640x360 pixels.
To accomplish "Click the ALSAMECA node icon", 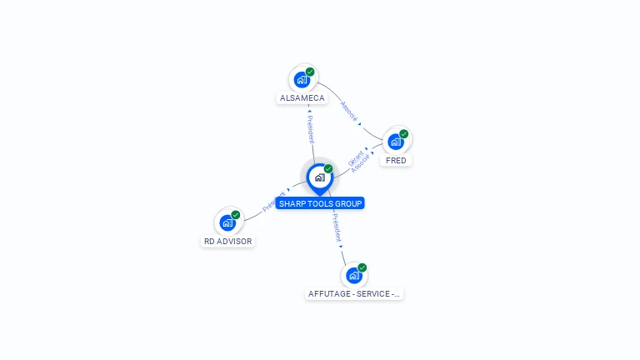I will pos(302,80).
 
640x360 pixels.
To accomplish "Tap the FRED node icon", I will pos(396,141).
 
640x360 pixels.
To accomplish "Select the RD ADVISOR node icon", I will pos(227,222).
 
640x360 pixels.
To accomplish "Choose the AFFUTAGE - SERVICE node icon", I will pos(354,275).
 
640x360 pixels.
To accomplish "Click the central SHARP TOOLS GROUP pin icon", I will pos(319,177).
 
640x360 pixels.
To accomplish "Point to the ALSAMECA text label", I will pos(302,98).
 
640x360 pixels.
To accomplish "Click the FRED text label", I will pos(396,160).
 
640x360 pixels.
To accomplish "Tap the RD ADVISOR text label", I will pos(227,242).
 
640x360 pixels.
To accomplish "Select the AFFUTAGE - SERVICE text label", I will pos(354,294).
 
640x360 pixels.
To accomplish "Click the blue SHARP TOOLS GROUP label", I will pos(320,203).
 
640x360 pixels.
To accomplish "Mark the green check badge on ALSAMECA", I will pos(310,72).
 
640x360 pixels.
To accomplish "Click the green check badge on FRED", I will pos(404,133).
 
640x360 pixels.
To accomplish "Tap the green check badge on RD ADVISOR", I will pos(236,215).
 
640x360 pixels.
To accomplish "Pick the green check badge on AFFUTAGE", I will pos(362,267).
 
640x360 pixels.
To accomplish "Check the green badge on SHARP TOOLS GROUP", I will pos(328,168).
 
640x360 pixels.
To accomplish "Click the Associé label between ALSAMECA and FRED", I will pos(350,112).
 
